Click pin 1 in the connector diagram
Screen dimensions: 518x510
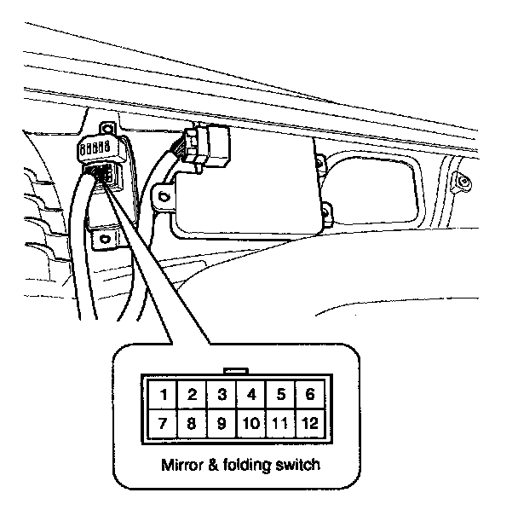pyautogui.click(x=162, y=394)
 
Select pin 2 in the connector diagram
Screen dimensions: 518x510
pyautogui.click(x=192, y=394)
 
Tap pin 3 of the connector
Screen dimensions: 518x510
pyautogui.click(x=221, y=394)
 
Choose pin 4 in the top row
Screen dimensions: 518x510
pyautogui.click(x=250, y=394)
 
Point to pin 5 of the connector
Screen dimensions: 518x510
pyautogui.click(x=280, y=394)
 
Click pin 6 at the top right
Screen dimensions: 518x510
pyautogui.click(x=309, y=394)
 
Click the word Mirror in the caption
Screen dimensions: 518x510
pyautogui.click(x=178, y=467)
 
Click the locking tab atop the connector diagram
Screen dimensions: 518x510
pyautogui.click(x=233, y=371)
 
